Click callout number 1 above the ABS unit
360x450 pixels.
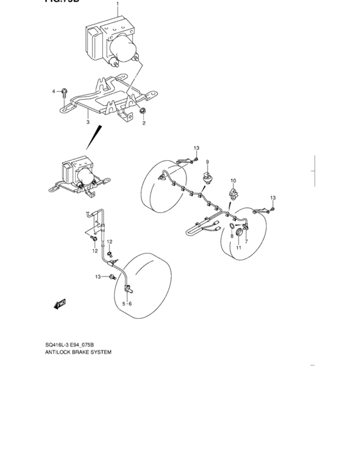click(118, 5)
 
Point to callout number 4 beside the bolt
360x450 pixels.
click(54, 92)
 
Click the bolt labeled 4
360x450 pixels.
click(64, 92)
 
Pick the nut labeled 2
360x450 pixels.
click(142, 112)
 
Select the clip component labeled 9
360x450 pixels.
click(208, 176)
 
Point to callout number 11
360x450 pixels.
click(237, 248)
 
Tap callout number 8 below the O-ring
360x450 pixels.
click(231, 237)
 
